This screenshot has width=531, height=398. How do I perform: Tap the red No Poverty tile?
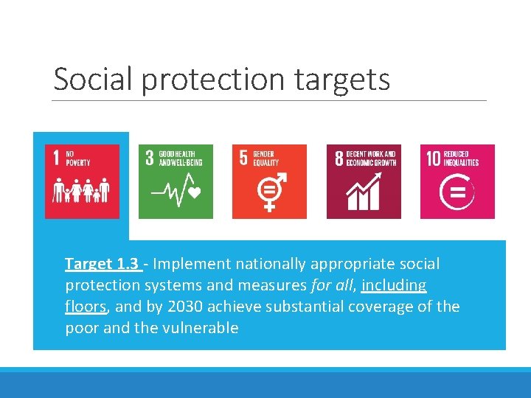click(x=82, y=181)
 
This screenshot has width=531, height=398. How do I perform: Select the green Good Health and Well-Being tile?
click(x=176, y=181)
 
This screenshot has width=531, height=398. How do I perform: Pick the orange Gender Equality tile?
click(x=269, y=181)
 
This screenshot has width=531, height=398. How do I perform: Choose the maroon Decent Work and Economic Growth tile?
click(x=364, y=181)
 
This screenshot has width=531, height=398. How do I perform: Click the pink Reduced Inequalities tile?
click(x=457, y=181)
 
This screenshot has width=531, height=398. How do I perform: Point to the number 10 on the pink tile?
click(x=433, y=158)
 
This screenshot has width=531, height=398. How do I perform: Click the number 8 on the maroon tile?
click(x=339, y=158)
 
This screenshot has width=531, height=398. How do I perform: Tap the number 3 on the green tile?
click(x=150, y=158)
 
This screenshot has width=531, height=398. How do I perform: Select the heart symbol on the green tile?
click(x=195, y=194)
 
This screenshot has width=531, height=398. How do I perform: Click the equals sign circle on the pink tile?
click(x=457, y=193)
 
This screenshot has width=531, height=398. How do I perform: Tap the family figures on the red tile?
click(x=82, y=190)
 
